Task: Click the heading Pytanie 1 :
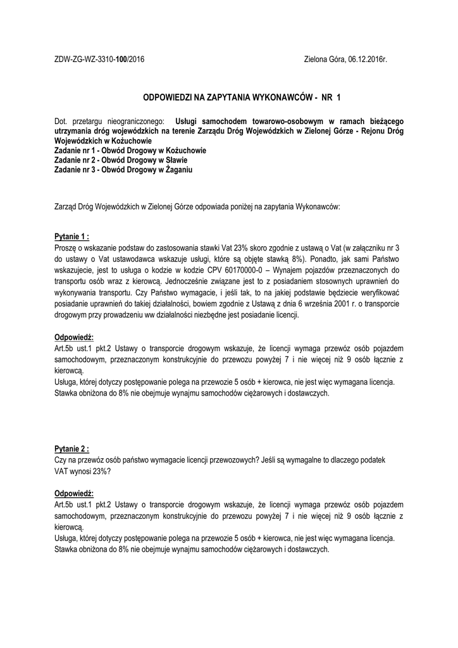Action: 71,237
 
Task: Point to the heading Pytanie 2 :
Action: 71,449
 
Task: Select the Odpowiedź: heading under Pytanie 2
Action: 74,493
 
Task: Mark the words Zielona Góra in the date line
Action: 324,59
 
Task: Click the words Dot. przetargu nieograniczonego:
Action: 108,120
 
